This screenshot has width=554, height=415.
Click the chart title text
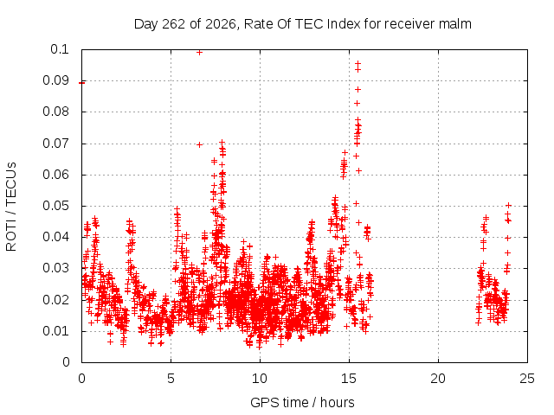302,24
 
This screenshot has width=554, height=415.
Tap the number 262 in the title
173,24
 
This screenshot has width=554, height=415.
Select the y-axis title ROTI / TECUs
11,207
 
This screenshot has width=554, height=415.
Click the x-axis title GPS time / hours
302,402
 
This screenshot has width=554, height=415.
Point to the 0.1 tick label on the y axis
60,49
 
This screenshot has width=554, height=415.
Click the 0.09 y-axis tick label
55,80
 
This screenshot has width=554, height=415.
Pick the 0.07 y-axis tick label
55,144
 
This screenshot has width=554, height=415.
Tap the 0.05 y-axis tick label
55,206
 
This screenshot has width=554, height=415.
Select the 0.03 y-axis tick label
55,268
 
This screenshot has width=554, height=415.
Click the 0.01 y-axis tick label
55,331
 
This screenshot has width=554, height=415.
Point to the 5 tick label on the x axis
171,379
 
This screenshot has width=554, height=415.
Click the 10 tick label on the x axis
260,379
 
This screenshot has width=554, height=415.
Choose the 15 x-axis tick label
349,379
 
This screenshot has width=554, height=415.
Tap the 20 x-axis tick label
438,379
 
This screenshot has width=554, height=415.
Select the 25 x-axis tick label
527,379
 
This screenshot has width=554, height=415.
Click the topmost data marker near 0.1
199,52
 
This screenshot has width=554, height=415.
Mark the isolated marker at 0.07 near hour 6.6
199,144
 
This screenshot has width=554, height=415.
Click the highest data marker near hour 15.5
358,64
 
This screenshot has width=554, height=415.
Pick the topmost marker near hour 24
508,205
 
